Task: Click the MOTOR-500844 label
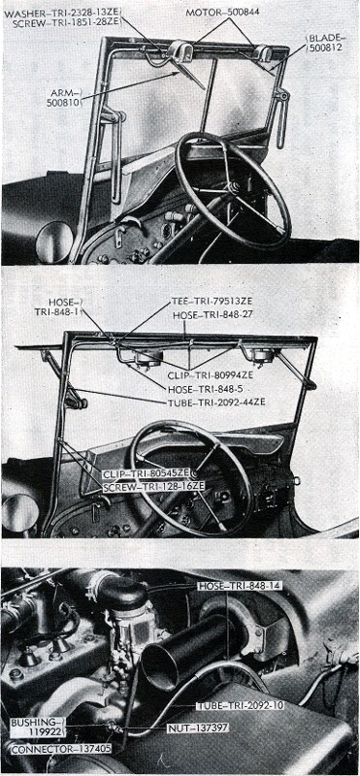point(222,12)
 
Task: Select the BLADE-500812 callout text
point(326,43)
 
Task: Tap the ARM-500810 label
point(63,98)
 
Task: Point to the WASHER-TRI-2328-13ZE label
point(62,14)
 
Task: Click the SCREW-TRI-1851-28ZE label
point(66,22)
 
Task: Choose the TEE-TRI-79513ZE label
point(211,302)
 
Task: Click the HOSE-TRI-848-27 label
point(213,315)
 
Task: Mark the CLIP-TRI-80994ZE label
point(210,375)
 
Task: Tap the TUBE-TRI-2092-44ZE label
point(215,402)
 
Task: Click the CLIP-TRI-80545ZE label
point(147,473)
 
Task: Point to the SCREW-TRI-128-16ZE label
point(153,487)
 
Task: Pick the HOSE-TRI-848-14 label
point(240,586)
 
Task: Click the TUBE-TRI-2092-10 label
point(240,706)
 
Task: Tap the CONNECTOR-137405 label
point(61,750)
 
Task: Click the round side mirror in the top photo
point(54,242)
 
